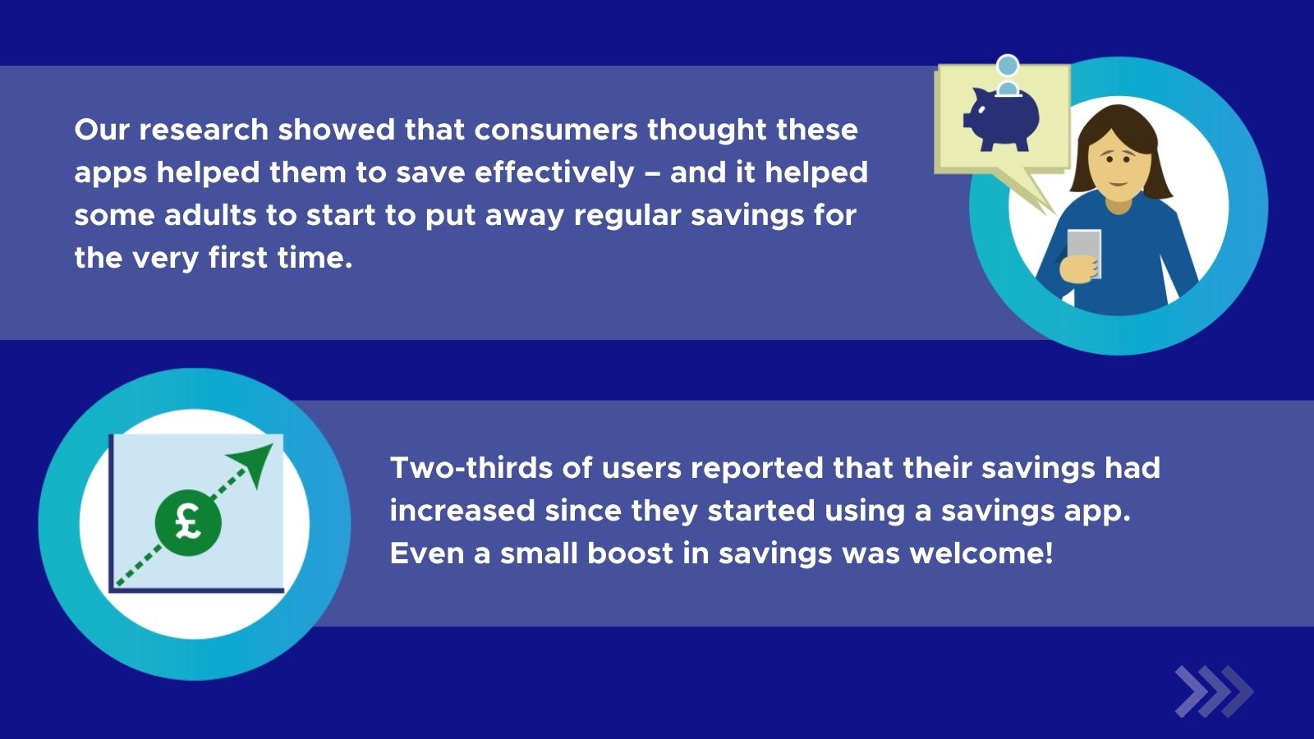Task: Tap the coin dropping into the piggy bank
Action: pos(1008,66)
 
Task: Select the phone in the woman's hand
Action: pos(1084,252)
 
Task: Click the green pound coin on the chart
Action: pos(188,522)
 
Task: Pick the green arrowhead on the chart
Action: pos(254,463)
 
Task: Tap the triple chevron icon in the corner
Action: pos(1213,691)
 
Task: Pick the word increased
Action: pos(462,511)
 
